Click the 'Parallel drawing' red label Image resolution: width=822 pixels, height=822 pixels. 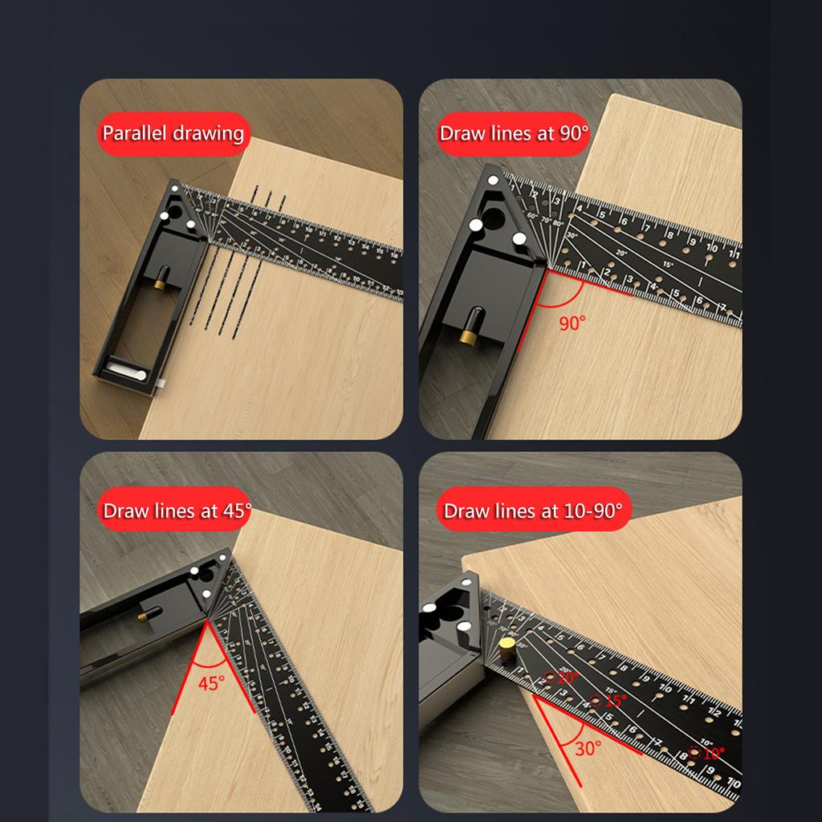(x=173, y=133)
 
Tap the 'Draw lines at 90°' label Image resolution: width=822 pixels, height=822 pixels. (x=514, y=133)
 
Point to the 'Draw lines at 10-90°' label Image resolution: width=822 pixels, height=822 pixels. (x=532, y=511)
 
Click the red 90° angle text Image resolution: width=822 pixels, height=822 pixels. (x=572, y=324)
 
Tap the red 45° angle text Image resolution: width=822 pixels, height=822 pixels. (x=212, y=684)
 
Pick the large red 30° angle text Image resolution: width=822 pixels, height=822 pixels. (x=588, y=748)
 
